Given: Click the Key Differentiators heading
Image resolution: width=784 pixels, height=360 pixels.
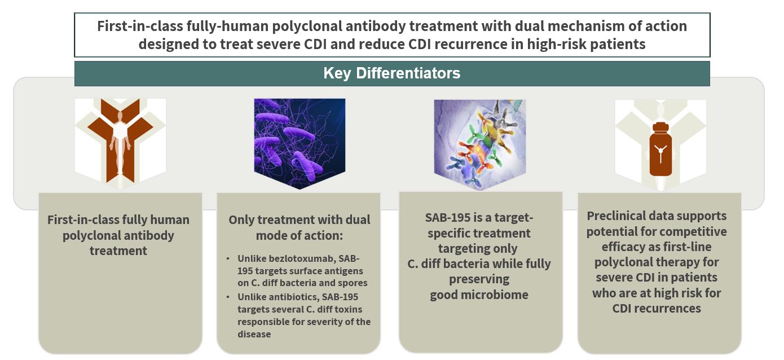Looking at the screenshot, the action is (x=391, y=73).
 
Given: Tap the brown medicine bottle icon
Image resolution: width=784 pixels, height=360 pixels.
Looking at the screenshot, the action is (x=660, y=149).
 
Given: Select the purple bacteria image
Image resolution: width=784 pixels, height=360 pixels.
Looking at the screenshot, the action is (x=299, y=143).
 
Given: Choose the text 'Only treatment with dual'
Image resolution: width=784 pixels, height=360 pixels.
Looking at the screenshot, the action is (x=299, y=220).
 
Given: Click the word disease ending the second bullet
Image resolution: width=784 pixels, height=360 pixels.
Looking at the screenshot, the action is (x=254, y=334).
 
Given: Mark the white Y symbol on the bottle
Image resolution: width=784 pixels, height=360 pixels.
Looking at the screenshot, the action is (x=660, y=153).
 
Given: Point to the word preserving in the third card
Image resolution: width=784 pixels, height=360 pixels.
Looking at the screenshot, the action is (x=479, y=279).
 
